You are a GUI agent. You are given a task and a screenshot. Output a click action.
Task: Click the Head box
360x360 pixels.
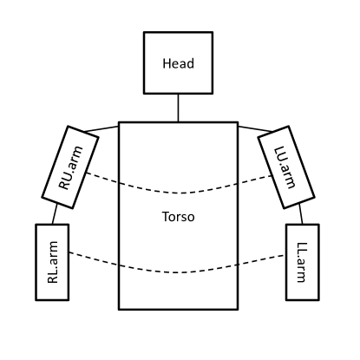[x=178, y=63]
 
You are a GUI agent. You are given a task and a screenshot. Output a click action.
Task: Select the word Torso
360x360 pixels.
[x=178, y=217]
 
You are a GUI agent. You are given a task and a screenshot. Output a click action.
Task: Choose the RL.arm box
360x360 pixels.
[x=52, y=263]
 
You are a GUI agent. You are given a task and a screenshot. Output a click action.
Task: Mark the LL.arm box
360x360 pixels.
[x=302, y=263]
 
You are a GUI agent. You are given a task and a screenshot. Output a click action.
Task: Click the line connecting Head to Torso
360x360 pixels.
[x=178, y=108]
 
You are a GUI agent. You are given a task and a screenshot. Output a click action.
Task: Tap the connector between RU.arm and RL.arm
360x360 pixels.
[x=55, y=213]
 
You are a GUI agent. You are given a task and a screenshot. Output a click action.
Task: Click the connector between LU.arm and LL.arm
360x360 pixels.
[x=299, y=213]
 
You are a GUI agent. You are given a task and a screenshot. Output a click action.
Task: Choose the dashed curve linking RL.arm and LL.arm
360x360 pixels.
[x=178, y=269]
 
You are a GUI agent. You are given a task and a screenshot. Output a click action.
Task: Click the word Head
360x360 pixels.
[x=178, y=64]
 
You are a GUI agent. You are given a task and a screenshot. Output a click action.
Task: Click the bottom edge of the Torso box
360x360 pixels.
[x=178, y=309]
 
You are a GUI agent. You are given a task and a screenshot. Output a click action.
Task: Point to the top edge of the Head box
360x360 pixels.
[x=178, y=33]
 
